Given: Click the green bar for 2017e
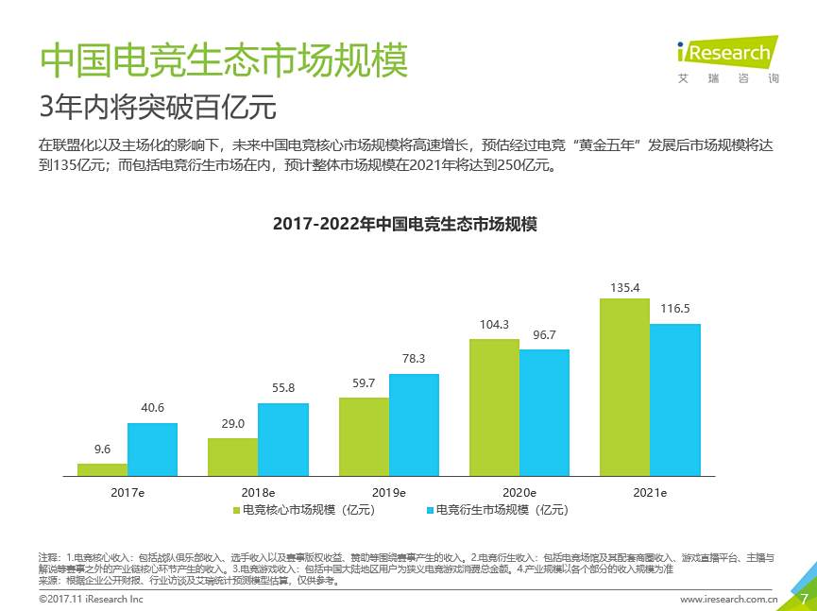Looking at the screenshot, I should [102, 469].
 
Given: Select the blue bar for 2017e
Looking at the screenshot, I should [152, 449].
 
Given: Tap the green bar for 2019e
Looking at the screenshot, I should [364, 436].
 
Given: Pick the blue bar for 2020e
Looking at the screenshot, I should [544, 413].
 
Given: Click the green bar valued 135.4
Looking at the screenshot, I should [624, 387].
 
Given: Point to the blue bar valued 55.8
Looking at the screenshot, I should [282, 439].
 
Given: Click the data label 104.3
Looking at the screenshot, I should [494, 324].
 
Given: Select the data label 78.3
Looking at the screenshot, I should [414, 359].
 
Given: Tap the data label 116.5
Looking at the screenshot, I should [674, 308].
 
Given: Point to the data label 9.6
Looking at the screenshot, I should [102, 449].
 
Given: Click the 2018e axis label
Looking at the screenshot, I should [258, 493].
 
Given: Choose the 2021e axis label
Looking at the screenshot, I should [650, 493].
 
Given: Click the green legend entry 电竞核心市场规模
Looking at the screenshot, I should [304, 510].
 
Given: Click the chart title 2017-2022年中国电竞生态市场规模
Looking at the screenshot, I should [404, 224].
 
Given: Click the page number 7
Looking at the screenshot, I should [803, 598].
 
